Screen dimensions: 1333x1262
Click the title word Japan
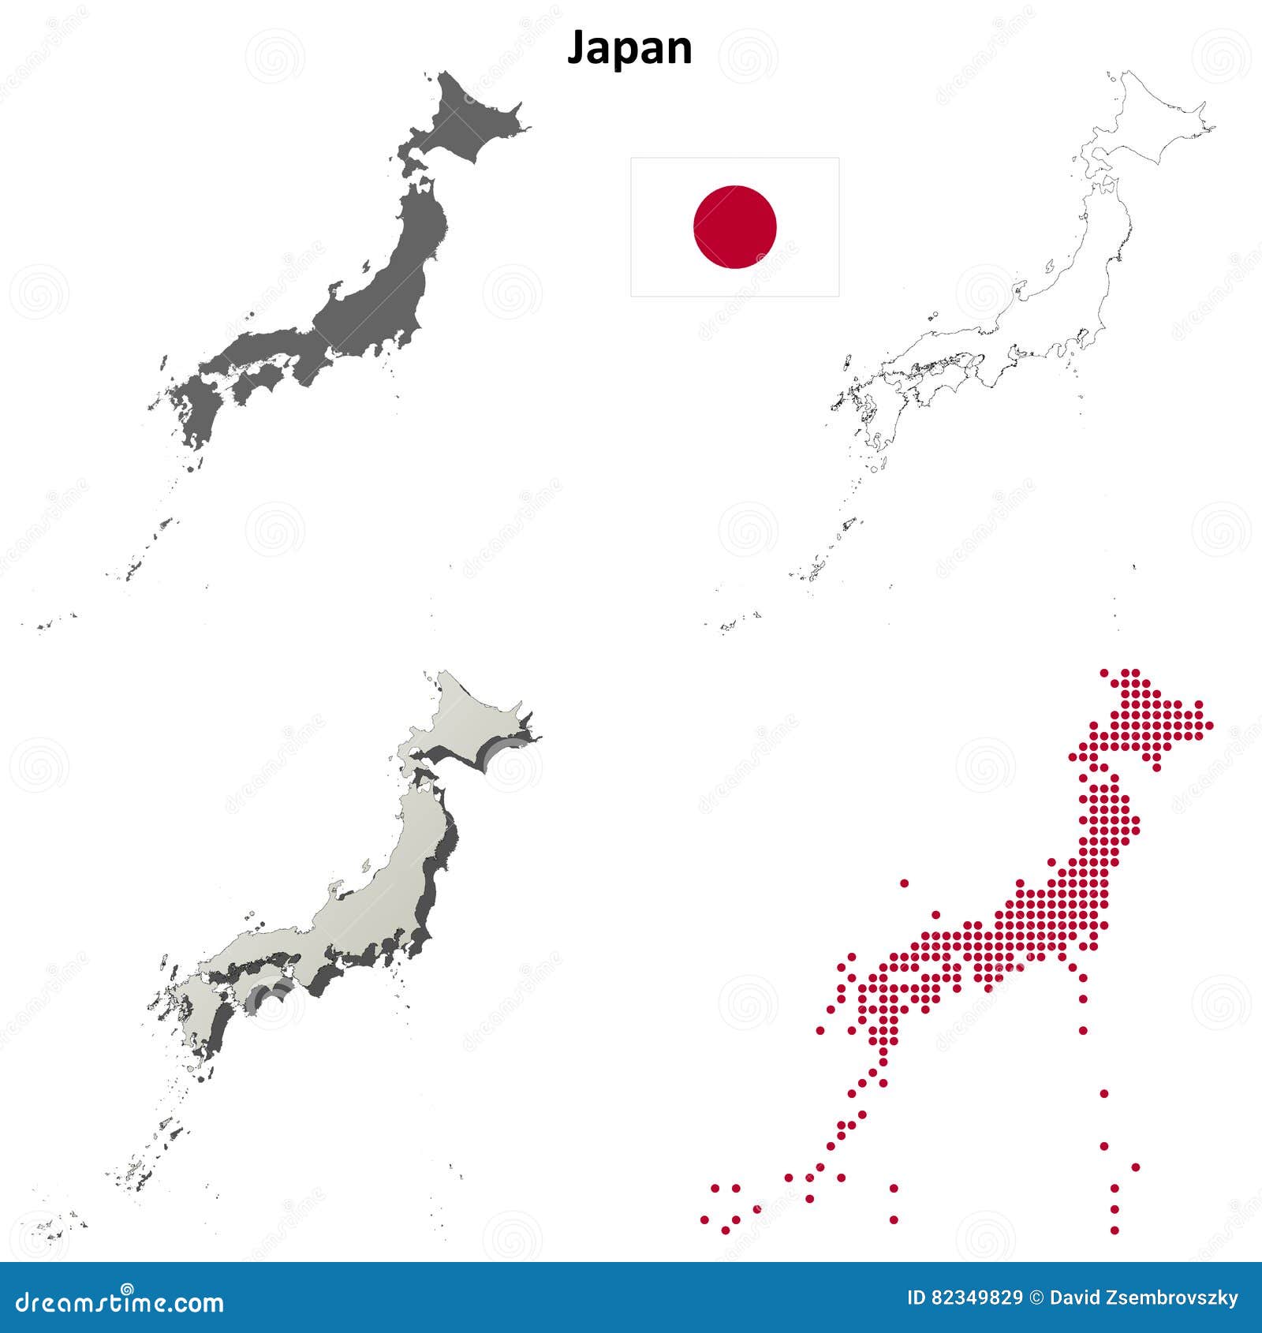pos(629,48)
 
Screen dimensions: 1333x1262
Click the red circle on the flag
pos(734,227)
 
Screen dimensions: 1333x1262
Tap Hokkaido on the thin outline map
pos(1152,118)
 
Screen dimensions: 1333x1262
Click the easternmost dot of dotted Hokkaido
pos(1209,726)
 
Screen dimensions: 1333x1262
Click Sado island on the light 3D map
pos(366,865)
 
